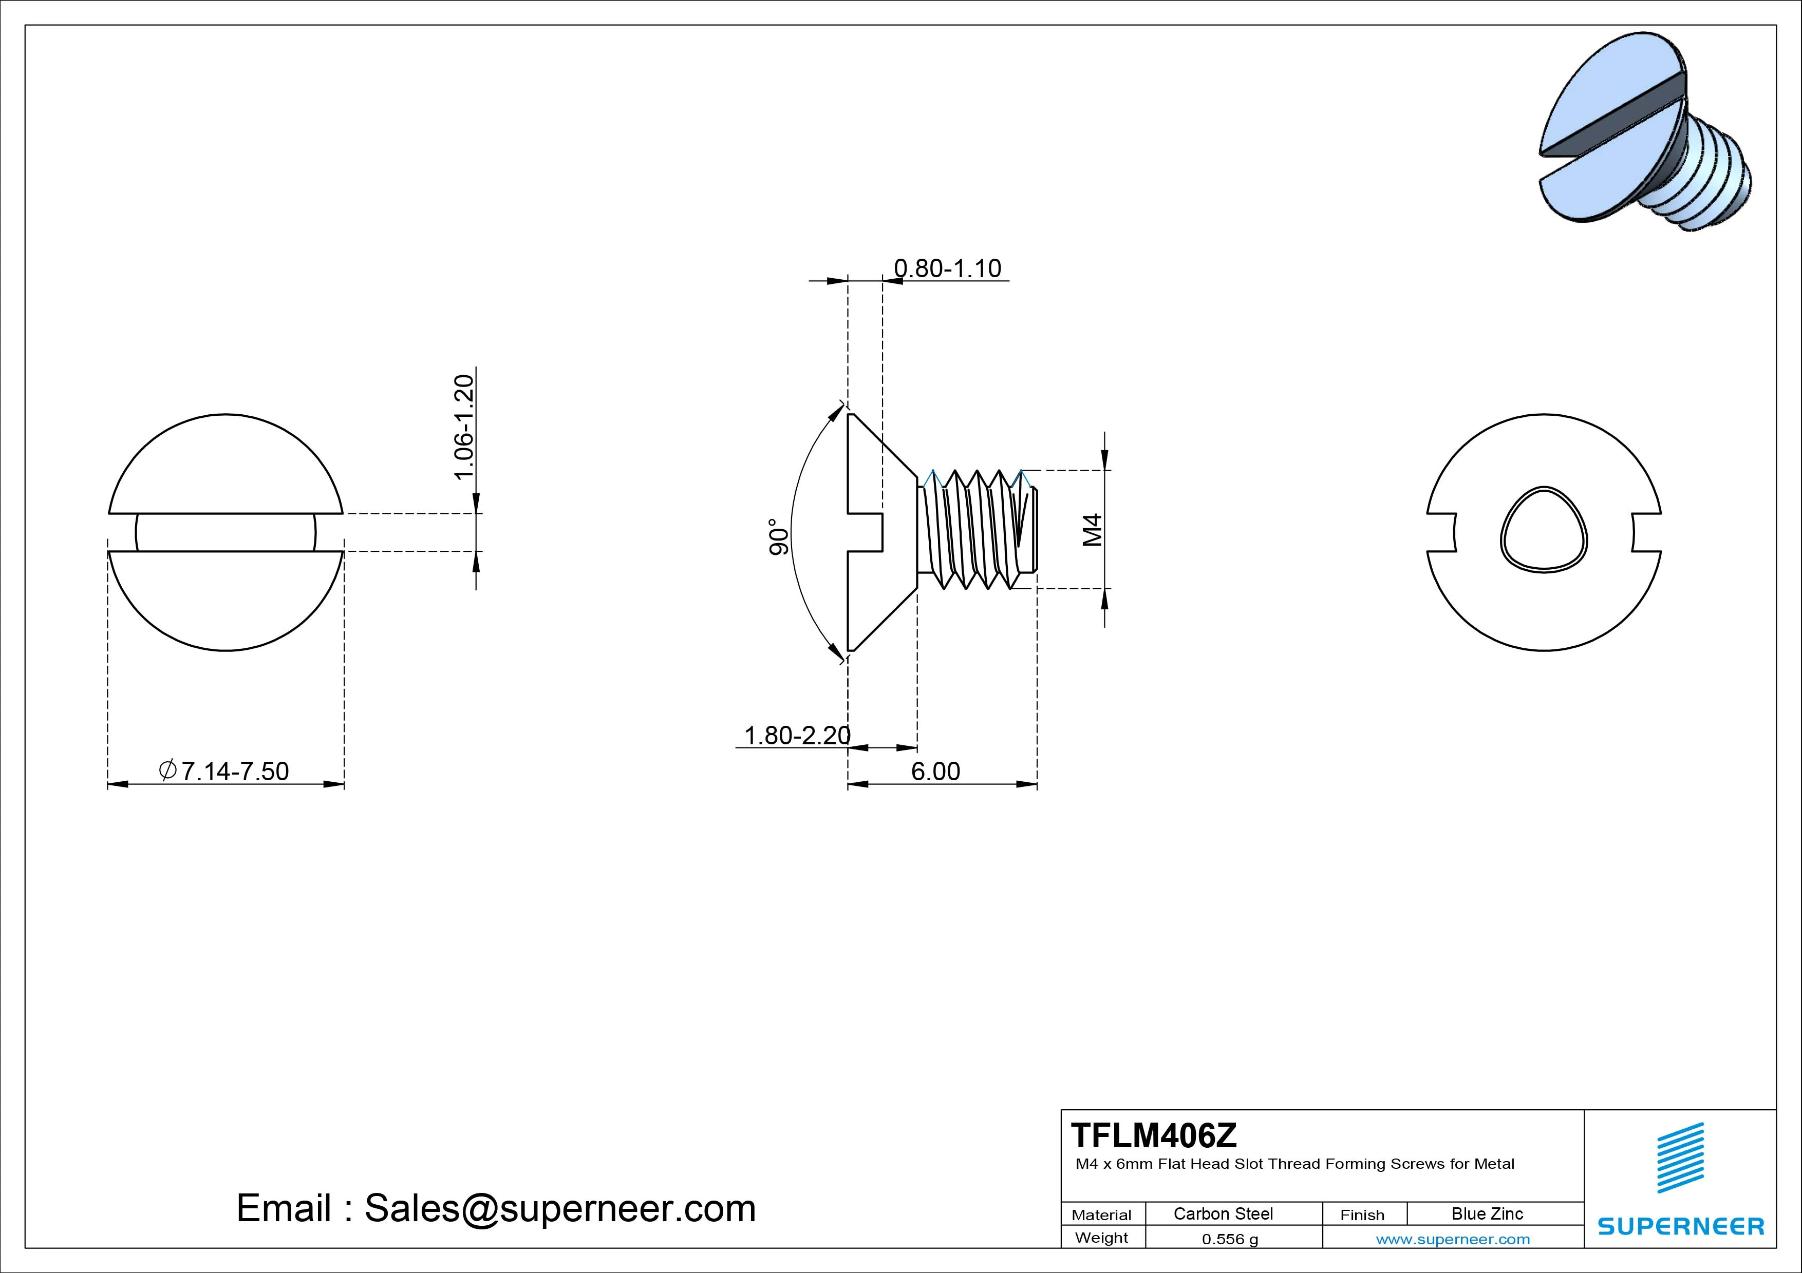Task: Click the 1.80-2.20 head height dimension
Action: tap(797, 735)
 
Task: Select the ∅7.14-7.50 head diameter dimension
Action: tap(224, 771)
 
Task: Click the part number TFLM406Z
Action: tap(1154, 1135)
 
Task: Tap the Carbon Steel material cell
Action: tap(1223, 1213)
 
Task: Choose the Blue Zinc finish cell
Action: tap(1487, 1213)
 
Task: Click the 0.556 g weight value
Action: tap(1230, 1239)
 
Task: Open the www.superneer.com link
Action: tap(1453, 1239)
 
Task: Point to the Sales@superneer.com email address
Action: tap(559, 1208)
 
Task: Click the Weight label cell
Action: tap(1101, 1238)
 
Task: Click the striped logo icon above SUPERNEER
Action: tap(1680, 1158)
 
